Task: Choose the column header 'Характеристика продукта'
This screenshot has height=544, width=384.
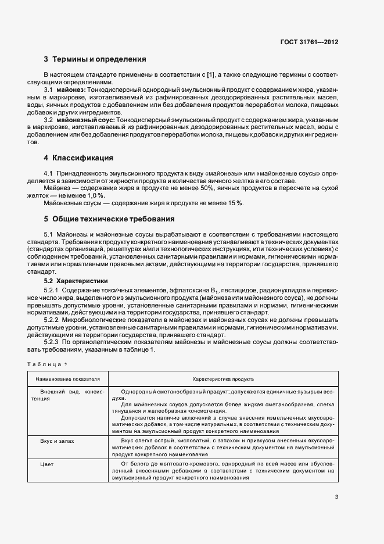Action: click(222, 378)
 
